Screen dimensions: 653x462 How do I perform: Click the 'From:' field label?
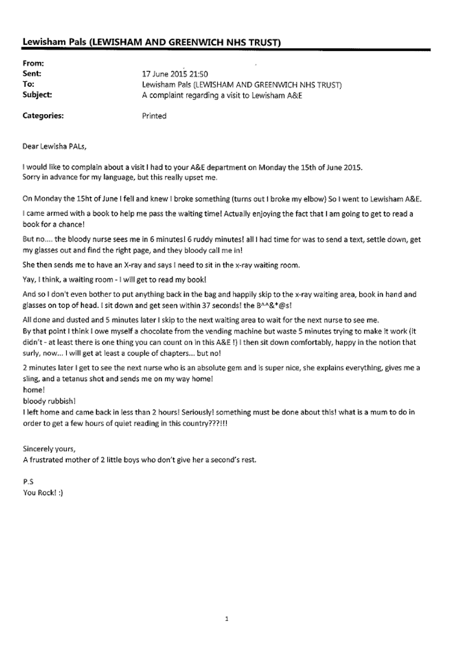(x=33, y=63)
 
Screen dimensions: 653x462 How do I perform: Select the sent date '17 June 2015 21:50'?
(x=175, y=74)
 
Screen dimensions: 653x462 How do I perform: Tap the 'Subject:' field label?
(x=37, y=95)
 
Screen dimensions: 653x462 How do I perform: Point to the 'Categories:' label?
(x=43, y=116)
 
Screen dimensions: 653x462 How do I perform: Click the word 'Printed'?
(x=154, y=116)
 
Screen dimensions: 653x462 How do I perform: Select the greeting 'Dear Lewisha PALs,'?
(x=55, y=146)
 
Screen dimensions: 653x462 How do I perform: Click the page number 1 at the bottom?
(x=227, y=619)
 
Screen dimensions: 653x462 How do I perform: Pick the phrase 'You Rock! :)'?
(x=43, y=493)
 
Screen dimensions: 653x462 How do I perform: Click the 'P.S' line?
(x=28, y=482)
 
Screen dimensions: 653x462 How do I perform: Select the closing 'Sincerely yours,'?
(x=49, y=449)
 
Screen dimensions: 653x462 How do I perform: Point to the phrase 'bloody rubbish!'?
(x=49, y=401)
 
